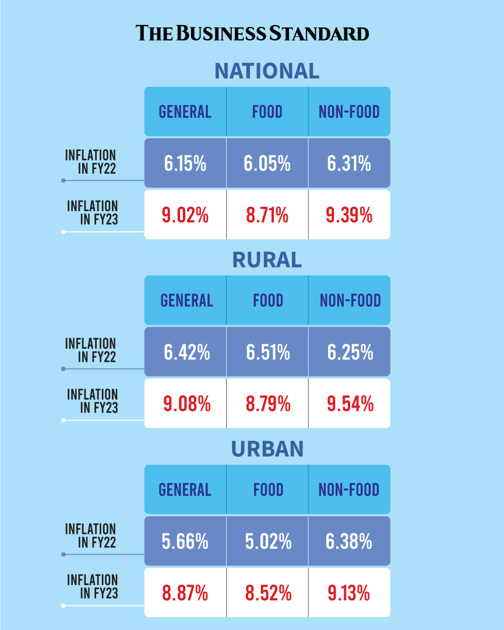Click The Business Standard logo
252,33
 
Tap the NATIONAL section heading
267,71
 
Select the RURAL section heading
267,260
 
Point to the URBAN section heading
267,449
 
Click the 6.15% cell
185,164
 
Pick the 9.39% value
349,215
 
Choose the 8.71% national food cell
267,215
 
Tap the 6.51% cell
267,352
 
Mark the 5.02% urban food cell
267,541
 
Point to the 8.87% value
185,593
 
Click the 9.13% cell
349,593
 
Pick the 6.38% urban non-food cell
349,541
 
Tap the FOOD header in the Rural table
267,300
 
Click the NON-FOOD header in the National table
349,111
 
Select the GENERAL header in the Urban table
185,489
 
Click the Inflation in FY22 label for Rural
91,350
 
